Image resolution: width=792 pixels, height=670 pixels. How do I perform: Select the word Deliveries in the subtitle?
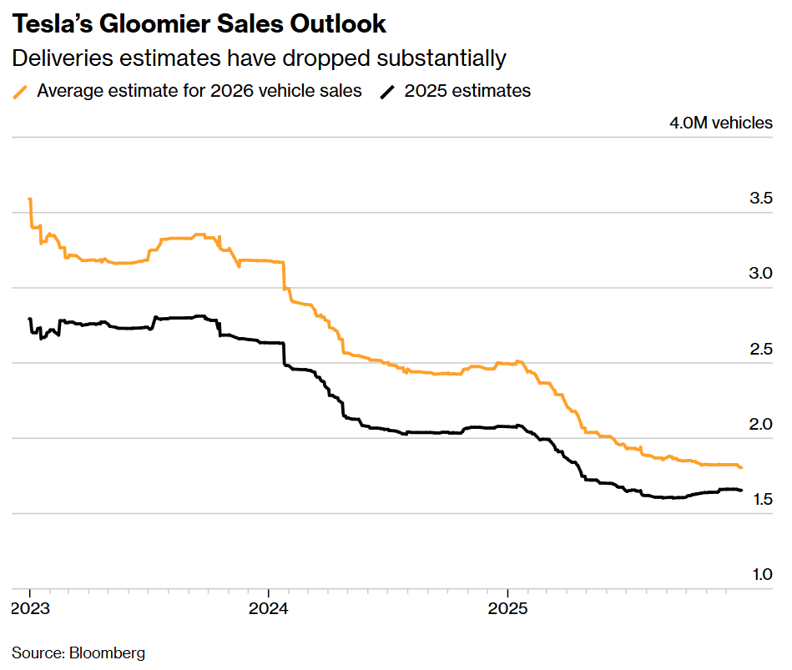tap(63, 58)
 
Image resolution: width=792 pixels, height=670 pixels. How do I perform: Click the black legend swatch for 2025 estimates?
tap(388, 91)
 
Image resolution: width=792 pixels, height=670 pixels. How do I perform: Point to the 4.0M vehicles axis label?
tap(720, 123)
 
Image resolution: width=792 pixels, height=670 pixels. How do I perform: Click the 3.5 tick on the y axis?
tap(760, 199)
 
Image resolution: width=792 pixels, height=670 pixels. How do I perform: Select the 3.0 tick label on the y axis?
tap(760, 274)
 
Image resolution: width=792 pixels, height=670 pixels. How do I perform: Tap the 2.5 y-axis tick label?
tap(760, 349)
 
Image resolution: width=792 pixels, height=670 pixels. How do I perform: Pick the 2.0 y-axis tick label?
tap(760, 424)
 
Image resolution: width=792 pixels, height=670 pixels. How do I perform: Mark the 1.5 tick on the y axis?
tap(760, 499)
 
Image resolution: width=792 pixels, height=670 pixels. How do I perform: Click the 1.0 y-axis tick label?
tap(760, 574)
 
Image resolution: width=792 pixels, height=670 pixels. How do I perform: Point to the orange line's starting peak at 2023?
tap(30, 199)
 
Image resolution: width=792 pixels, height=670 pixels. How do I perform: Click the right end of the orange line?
tap(741, 467)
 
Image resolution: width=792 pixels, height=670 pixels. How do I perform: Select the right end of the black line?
tap(741, 490)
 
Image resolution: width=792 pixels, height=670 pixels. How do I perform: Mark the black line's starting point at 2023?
tap(30, 319)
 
